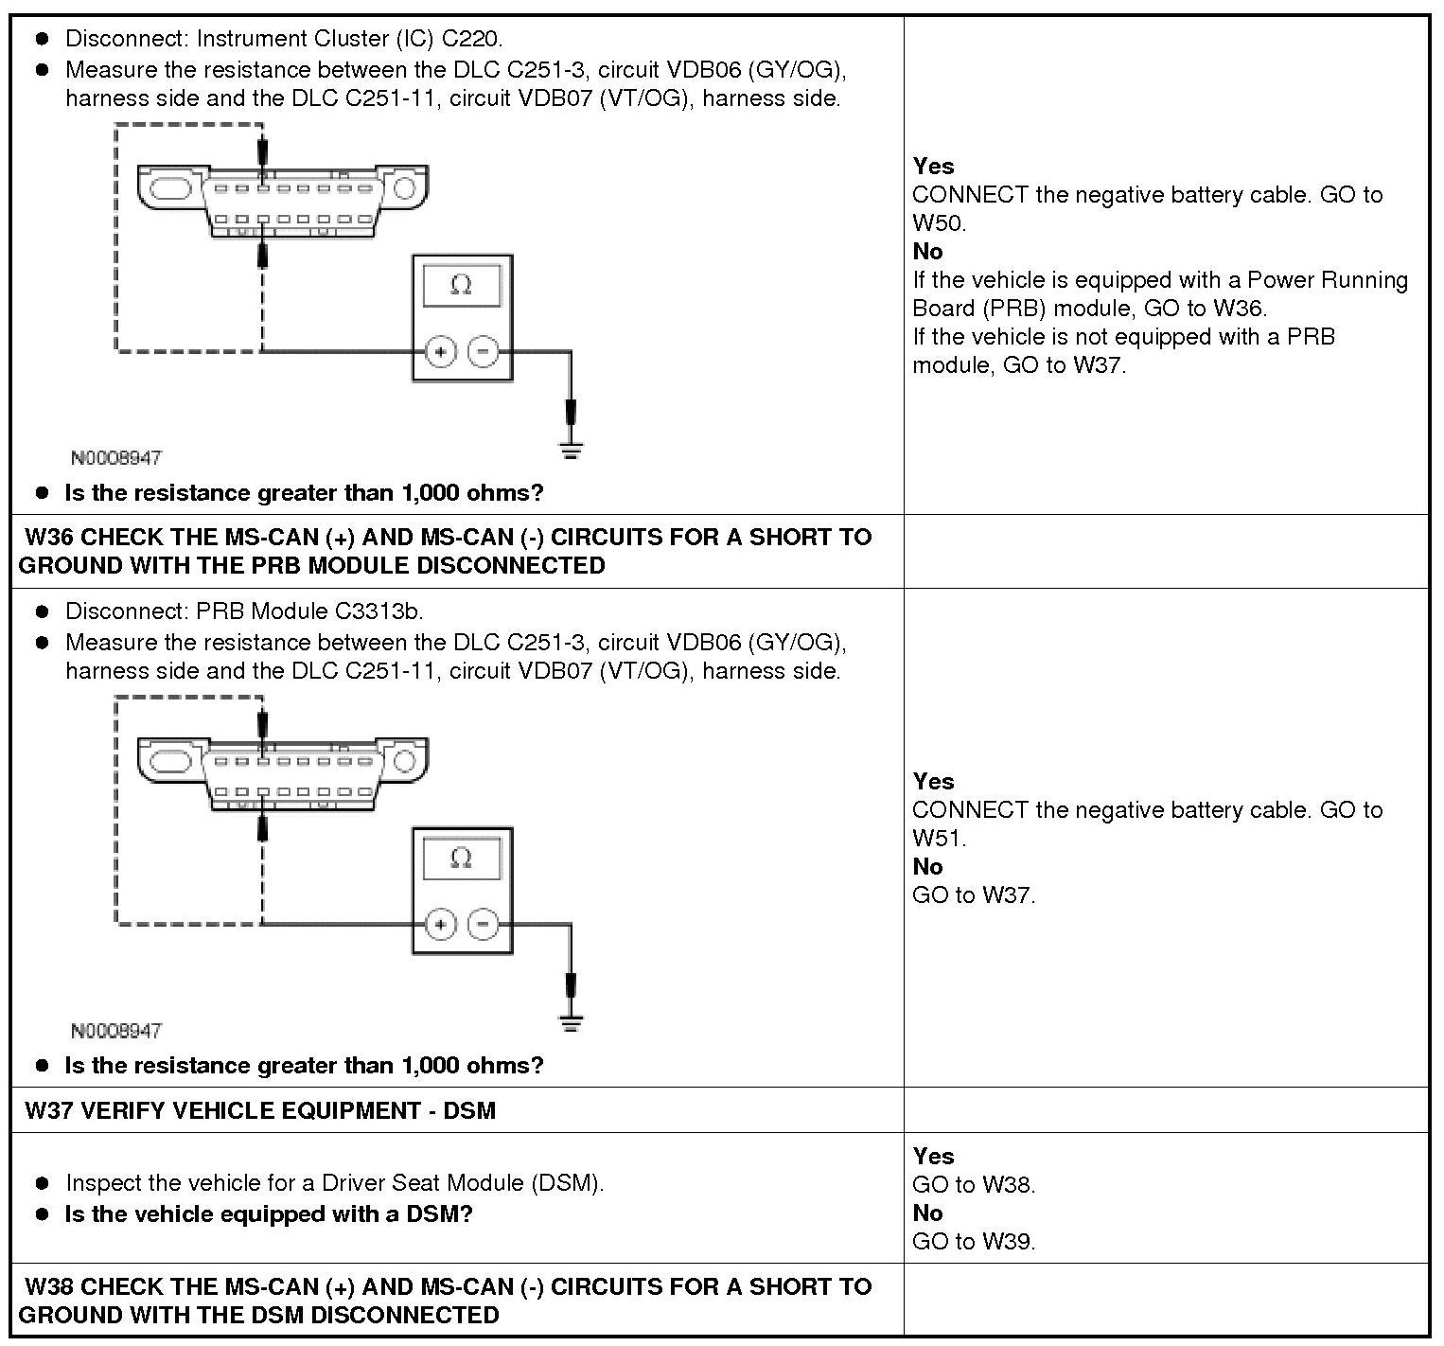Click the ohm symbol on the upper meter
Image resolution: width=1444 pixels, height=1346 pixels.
coord(461,285)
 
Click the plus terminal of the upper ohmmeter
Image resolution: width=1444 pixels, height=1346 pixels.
coord(440,352)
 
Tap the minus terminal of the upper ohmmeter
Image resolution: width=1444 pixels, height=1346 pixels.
coord(484,352)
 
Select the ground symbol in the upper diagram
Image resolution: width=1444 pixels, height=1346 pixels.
coord(571,448)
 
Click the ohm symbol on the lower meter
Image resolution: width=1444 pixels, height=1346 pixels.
coord(461,858)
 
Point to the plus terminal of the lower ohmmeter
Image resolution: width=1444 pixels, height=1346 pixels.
coord(440,924)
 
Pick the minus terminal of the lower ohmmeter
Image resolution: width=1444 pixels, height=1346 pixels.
coord(484,924)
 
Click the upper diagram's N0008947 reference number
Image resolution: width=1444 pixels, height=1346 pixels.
coord(116,458)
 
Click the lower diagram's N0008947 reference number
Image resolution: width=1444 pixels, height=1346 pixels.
coord(116,1031)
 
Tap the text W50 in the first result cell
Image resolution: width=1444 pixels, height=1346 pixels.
coord(937,223)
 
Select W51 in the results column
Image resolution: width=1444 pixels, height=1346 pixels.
coord(937,839)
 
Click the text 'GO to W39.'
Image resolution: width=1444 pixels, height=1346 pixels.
coord(974,1242)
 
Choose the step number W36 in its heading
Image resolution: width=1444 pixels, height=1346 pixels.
coord(49,538)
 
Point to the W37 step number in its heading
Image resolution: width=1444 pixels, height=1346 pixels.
coord(49,1110)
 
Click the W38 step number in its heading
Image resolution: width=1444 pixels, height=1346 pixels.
coord(49,1287)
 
